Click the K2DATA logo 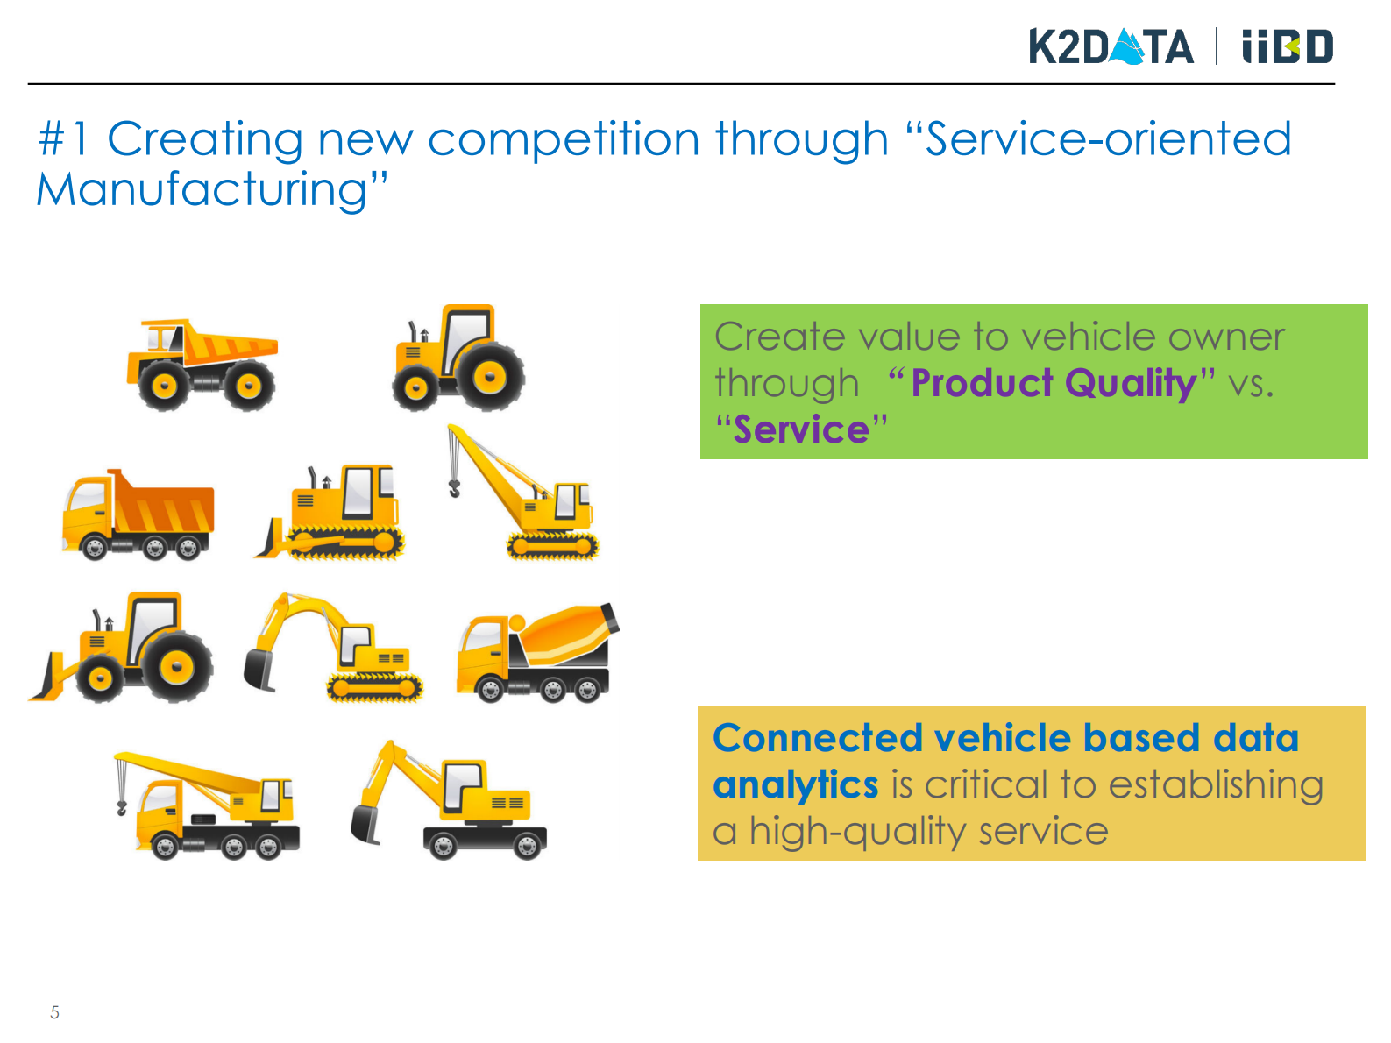(1111, 46)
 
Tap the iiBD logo (1287, 46)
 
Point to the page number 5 (54, 1012)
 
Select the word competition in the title (564, 139)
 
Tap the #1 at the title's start (62, 138)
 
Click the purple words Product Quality (1054, 383)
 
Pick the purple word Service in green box (801, 429)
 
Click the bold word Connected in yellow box (818, 738)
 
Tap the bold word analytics (795, 785)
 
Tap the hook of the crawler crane (454, 488)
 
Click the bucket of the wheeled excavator (365, 825)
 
